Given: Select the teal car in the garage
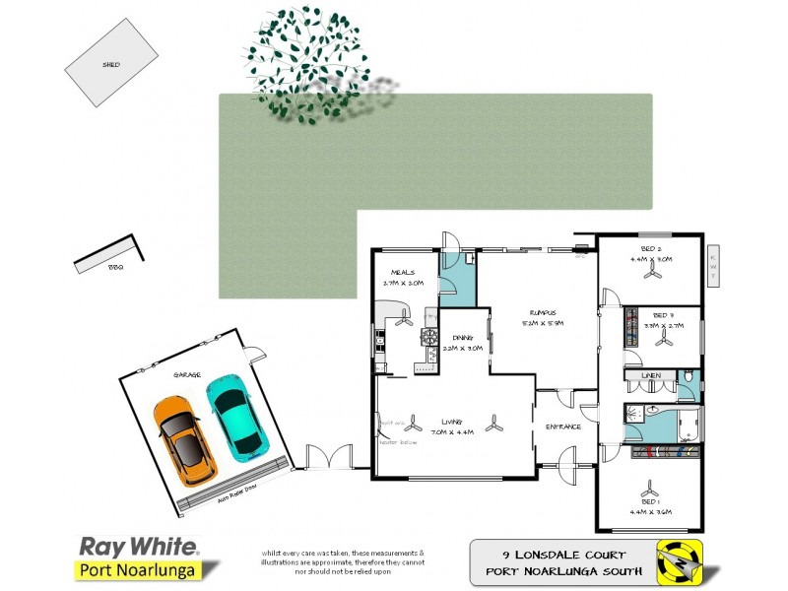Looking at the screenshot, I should tap(231, 415).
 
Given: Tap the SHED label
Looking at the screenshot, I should tap(111, 65).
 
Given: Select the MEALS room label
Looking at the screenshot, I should tap(403, 272).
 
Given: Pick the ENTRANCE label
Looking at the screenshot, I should tap(563, 427).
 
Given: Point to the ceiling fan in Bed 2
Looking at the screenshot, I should tap(651, 276).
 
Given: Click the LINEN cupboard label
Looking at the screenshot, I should tap(650, 376).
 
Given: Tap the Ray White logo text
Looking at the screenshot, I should tap(138, 547).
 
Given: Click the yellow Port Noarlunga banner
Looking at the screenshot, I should tap(138, 569).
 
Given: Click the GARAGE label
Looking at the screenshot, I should tap(187, 375).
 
